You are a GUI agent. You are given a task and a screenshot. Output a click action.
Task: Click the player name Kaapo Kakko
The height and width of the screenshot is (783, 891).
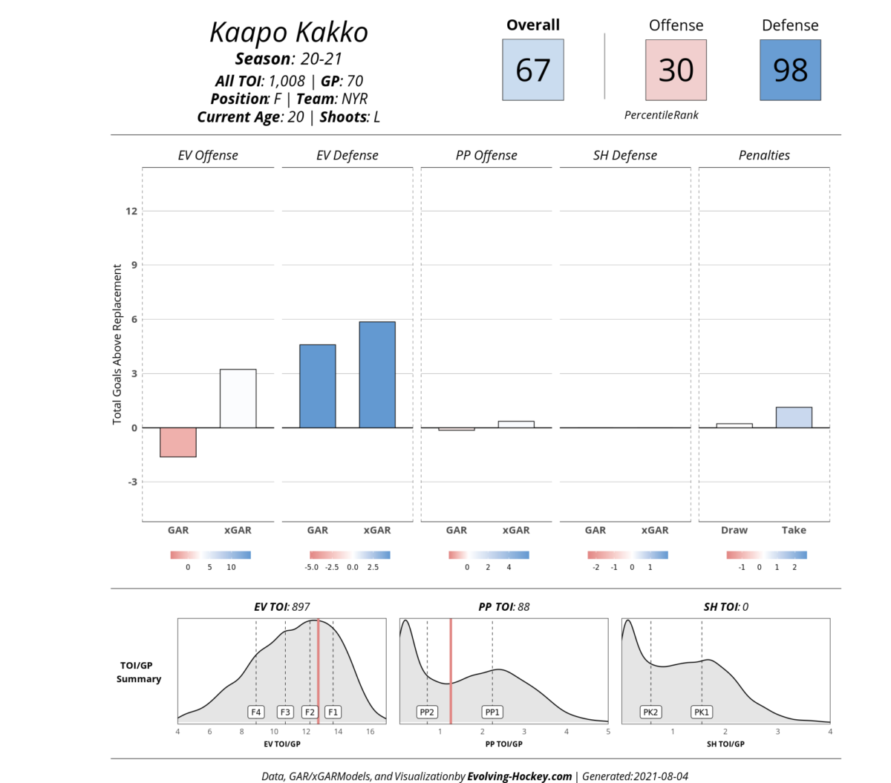[x=288, y=33]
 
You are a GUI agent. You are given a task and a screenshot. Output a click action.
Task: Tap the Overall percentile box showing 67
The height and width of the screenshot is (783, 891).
[x=532, y=70]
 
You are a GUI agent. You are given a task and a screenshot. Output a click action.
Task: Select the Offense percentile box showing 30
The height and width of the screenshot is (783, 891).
[x=676, y=70]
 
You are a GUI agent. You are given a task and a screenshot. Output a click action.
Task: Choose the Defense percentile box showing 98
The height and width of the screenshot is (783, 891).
[x=790, y=70]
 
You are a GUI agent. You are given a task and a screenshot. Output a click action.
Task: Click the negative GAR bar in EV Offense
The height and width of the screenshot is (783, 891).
[x=178, y=442]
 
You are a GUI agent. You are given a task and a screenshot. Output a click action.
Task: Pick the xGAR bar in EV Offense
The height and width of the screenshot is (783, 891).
[x=238, y=399]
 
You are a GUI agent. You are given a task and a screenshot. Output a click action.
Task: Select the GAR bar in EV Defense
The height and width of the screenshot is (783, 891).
[x=317, y=386]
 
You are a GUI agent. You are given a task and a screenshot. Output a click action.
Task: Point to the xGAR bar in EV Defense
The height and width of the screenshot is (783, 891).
[x=377, y=375]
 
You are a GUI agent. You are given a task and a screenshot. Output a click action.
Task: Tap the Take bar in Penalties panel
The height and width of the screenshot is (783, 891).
[x=794, y=417]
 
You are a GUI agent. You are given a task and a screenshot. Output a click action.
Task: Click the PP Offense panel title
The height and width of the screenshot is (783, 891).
[x=486, y=155]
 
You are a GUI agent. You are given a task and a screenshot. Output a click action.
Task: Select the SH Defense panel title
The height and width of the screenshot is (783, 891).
[x=624, y=155]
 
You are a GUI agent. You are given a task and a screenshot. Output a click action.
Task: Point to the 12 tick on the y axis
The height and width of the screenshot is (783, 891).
[x=131, y=211]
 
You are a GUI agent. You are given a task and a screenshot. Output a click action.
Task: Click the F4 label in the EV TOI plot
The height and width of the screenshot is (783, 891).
[x=256, y=712]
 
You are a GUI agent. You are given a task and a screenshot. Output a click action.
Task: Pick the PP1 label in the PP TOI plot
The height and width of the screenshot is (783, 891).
[x=492, y=712]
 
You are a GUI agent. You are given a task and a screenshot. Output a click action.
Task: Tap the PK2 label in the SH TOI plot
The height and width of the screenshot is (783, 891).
[x=650, y=712]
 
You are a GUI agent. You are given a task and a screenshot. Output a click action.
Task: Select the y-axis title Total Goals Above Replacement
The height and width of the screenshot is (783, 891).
[x=117, y=344]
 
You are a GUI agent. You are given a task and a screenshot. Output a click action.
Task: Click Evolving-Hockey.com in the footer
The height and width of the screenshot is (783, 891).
[x=520, y=776]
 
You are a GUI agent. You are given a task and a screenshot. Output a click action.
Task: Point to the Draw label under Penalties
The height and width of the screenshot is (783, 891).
[x=734, y=530]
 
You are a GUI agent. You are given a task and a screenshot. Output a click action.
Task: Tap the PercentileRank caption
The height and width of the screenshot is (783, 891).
[x=661, y=115]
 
